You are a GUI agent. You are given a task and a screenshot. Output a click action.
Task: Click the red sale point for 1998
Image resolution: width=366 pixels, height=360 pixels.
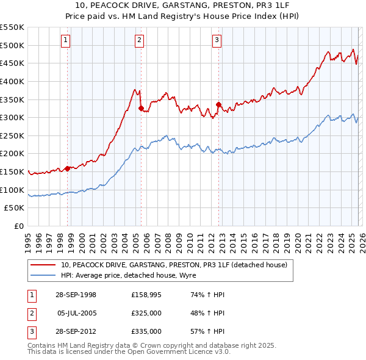67,168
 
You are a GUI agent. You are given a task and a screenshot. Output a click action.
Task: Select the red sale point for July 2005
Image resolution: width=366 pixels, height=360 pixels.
141,109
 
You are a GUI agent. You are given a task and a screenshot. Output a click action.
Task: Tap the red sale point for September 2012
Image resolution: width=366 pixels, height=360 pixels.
218,105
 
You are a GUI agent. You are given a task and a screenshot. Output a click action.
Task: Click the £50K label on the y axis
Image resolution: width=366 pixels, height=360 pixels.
14,207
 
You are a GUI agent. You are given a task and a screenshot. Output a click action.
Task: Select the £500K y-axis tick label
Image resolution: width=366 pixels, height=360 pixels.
12,45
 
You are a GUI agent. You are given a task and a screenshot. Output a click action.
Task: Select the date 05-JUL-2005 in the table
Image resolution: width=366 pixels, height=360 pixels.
76,313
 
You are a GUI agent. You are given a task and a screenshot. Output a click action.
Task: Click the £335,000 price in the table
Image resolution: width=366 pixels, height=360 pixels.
146,331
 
